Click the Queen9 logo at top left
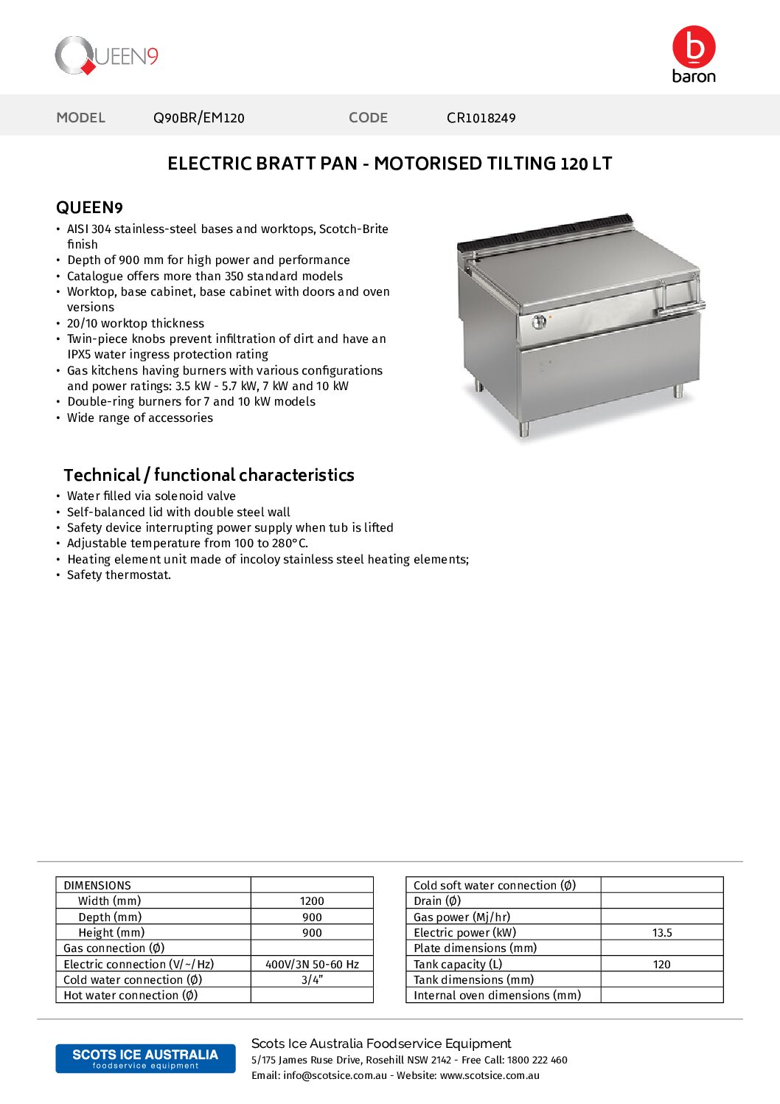point(106,56)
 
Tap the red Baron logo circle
point(693,46)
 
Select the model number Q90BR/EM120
point(198,118)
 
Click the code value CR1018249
point(481,118)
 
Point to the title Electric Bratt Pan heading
point(389,164)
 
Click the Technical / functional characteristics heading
point(209,475)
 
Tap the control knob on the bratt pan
point(539,321)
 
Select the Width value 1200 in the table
point(312,901)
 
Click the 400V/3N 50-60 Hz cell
point(312,965)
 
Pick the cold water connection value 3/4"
point(312,980)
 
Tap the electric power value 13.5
point(662,933)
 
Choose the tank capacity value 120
point(662,965)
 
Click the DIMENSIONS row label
point(97,885)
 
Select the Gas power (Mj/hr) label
point(462,917)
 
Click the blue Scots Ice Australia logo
point(145,1058)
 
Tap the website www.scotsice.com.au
point(490,1075)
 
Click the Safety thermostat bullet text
point(119,575)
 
